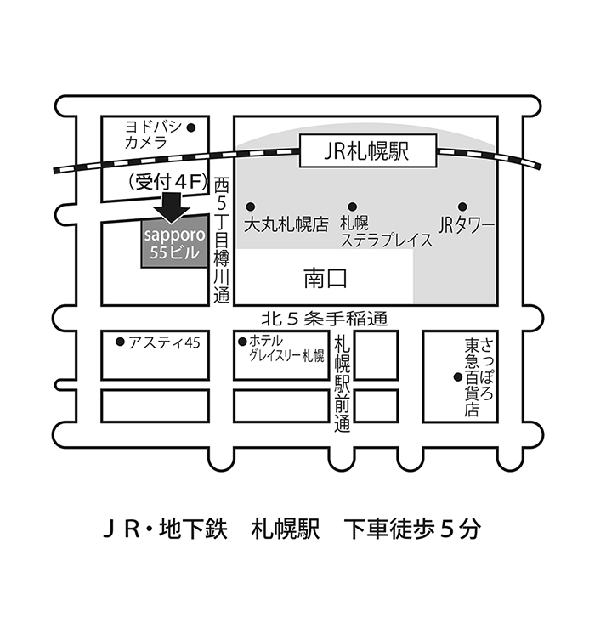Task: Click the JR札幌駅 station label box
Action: coord(368,150)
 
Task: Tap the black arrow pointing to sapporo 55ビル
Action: coord(172,207)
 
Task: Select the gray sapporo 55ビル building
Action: coord(174,242)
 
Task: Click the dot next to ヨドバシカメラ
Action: coord(191,128)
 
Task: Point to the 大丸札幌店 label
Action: coord(286,224)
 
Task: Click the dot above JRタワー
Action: coord(462,207)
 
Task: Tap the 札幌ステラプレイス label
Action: coord(386,231)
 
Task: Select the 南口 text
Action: coord(326,279)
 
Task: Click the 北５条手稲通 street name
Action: coord(325,319)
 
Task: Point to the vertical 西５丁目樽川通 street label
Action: coord(221,241)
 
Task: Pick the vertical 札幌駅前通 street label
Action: coord(342,382)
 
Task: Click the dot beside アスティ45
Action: coord(120,342)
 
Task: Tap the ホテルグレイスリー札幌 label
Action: coord(286,348)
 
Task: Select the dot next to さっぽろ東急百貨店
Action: coord(457,377)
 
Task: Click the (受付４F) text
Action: coord(168,182)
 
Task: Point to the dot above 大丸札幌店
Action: coord(251,207)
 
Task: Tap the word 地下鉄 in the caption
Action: coord(193,529)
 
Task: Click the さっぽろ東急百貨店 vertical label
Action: coord(479,377)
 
